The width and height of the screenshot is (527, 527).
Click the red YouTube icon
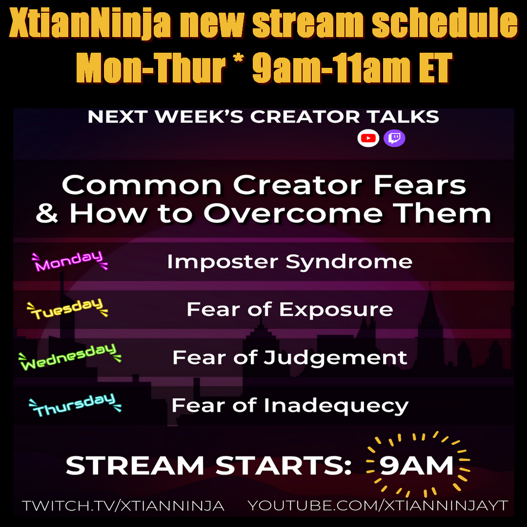(x=368, y=138)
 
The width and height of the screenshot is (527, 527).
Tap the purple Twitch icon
(x=394, y=138)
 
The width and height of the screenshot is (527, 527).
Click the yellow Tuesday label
(x=67, y=308)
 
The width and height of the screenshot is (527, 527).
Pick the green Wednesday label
(x=70, y=357)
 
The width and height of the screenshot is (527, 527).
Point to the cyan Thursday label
(x=75, y=405)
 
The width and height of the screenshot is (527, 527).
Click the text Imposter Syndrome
(x=290, y=262)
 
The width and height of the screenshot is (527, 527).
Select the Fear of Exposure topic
(x=290, y=309)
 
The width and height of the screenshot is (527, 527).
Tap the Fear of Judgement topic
(x=290, y=358)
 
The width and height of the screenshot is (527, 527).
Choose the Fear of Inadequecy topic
(x=290, y=405)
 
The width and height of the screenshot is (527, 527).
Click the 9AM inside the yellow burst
(x=417, y=466)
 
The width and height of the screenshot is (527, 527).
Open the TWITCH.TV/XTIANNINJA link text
(x=123, y=506)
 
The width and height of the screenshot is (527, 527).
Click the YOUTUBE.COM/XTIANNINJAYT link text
(x=378, y=505)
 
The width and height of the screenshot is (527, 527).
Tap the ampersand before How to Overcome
(x=47, y=214)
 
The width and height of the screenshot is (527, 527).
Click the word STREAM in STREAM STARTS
(x=135, y=466)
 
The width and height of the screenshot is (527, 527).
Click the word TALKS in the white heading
(x=403, y=117)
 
